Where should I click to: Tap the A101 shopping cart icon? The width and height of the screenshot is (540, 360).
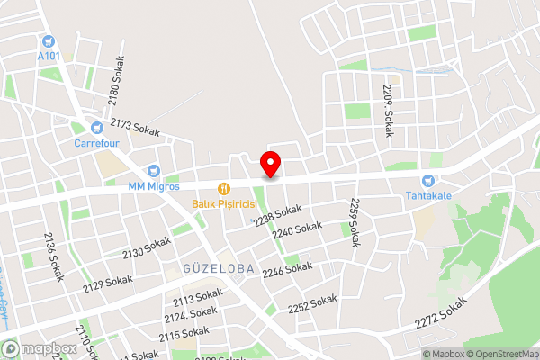tap(49, 40)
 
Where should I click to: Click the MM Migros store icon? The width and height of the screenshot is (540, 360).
tap(154, 171)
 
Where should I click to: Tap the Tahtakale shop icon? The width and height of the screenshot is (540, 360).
tap(436, 182)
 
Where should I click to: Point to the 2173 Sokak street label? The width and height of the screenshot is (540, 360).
tap(135, 128)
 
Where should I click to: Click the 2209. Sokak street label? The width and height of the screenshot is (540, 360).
tap(388, 111)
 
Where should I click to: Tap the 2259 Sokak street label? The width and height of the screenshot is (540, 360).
tap(354, 222)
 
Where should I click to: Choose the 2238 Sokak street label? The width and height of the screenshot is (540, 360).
tap(276, 216)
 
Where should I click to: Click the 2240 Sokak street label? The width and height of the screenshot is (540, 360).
tap(296, 231)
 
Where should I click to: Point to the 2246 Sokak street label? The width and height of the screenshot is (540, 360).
tap(287, 268)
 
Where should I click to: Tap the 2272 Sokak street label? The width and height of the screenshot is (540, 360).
tap(443, 311)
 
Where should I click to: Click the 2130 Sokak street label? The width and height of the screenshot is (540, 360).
tap(146, 247)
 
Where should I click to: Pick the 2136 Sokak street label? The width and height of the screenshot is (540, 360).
tap(54, 256)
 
